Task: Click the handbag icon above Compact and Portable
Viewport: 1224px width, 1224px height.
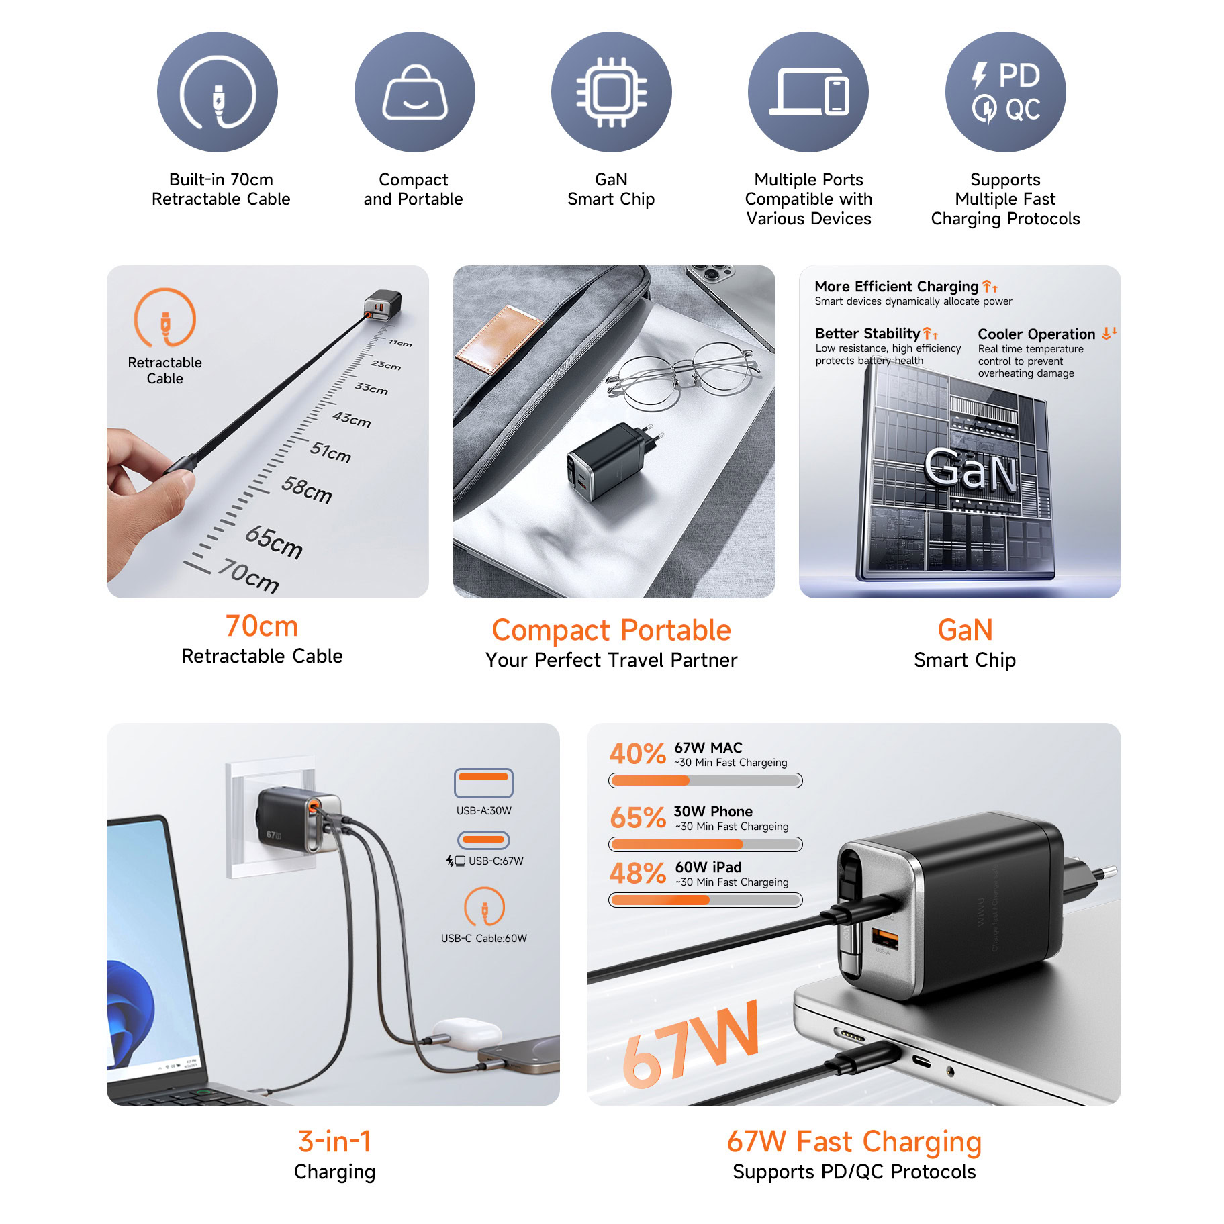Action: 414,92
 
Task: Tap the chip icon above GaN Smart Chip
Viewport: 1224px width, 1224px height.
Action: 611,92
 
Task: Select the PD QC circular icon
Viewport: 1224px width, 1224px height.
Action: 1005,92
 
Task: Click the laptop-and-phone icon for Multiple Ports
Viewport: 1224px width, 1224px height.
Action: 808,92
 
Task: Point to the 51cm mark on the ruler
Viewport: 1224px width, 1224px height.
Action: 330,452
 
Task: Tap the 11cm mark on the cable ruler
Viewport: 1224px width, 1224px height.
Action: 400,343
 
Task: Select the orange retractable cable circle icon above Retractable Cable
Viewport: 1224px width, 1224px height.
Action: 164,318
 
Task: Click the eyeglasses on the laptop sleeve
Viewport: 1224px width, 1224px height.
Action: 681,375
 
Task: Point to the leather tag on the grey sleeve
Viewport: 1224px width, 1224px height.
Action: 500,338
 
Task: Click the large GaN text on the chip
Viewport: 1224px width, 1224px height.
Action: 970,468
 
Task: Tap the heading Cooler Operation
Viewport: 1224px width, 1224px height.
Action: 1036,334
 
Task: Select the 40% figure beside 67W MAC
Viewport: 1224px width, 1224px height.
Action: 637,754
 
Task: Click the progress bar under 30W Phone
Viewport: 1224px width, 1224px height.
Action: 706,844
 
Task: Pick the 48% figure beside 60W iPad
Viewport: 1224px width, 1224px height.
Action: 637,873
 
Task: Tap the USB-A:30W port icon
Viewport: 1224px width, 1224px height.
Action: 483,783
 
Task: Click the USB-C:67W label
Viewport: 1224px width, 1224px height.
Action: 496,861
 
